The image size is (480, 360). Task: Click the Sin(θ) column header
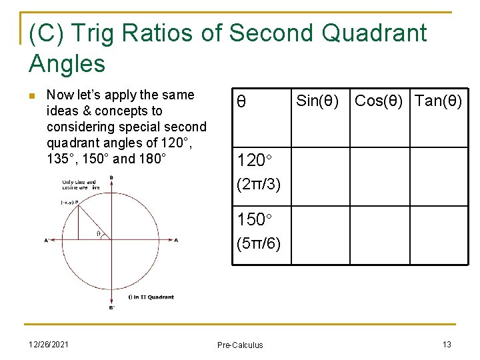317,101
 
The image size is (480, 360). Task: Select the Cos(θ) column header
379,101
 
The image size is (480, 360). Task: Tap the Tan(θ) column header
438,101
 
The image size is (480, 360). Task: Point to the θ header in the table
241,103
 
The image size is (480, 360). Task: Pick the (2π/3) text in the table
259,185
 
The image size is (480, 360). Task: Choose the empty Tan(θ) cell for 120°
438,175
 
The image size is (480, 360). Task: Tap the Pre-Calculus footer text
240,345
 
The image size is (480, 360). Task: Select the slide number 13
447,343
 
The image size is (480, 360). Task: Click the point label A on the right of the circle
176,240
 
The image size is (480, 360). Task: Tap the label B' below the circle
111,308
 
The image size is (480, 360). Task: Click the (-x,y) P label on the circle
69,202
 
